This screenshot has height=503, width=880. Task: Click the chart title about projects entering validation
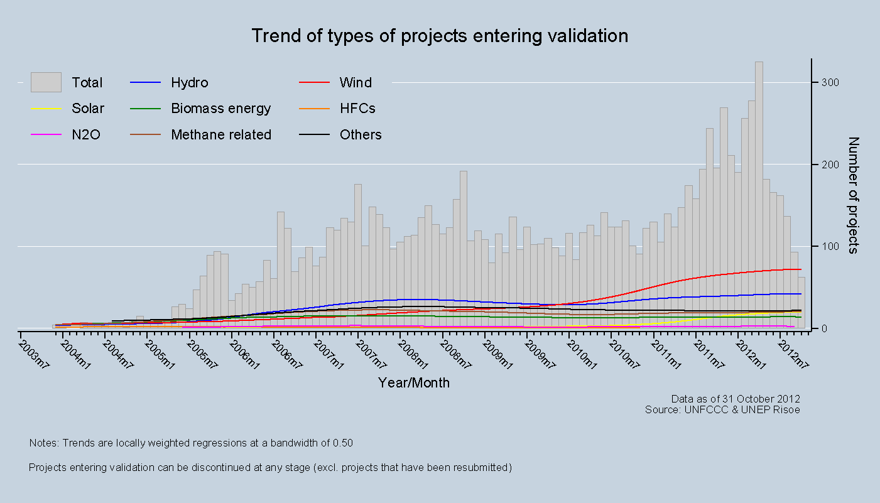pos(440,36)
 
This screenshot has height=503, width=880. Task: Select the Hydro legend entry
pos(189,83)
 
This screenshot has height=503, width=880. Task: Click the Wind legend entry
pos(356,83)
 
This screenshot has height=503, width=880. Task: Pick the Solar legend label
pos(88,109)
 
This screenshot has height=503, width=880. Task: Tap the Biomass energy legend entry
pos(220,109)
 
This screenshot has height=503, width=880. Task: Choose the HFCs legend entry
pos(357,109)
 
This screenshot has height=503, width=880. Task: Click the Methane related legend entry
pos(221,135)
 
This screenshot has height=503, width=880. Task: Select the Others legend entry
pos(361,135)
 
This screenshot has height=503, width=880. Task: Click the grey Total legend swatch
pos(46,82)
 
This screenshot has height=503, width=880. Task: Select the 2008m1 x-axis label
pos(413,355)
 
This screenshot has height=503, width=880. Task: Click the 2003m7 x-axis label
pos(33,355)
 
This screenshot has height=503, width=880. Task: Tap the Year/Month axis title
pos(414,382)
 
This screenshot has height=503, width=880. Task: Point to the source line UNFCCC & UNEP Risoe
pos(722,409)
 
